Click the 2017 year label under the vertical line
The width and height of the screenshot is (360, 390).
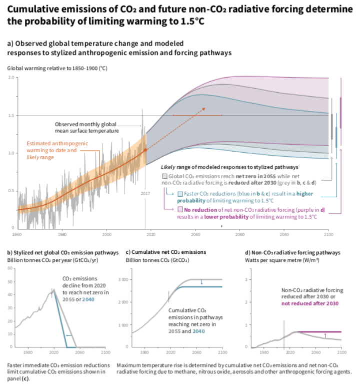tap(145, 192)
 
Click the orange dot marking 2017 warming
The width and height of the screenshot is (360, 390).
tap(145, 149)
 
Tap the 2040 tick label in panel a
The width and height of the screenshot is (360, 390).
tap(195, 234)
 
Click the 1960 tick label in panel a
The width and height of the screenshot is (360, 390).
tap(17, 234)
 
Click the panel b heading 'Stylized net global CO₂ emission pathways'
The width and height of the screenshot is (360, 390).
tap(62, 252)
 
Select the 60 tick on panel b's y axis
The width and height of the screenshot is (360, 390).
tap(9, 268)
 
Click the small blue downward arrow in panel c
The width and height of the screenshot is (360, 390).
tap(201, 282)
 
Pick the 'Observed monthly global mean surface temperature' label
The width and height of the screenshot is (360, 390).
tap(86, 127)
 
